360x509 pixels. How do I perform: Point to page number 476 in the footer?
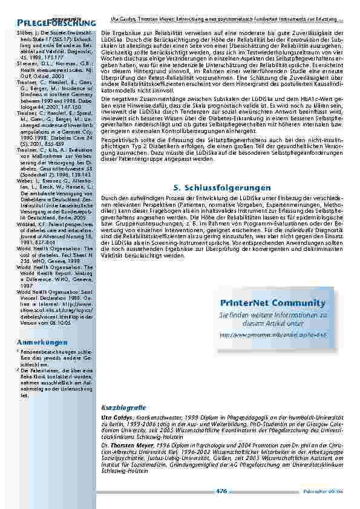[221, 491]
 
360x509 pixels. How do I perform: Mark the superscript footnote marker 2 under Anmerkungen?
[18, 371]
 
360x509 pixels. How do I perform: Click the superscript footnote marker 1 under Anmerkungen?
[18, 351]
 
